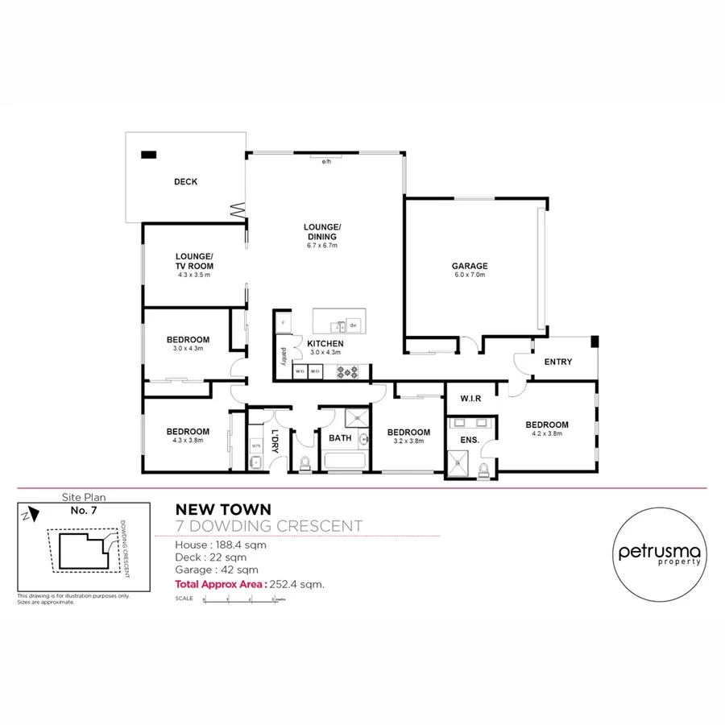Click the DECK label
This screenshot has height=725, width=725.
(185, 182)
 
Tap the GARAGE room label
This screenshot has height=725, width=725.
(470, 266)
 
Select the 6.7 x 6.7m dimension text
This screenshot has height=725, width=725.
(322, 246)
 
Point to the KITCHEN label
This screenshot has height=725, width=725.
(325, 344)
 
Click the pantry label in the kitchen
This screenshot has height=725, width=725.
(284, 356)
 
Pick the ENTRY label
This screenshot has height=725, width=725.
(558, 362)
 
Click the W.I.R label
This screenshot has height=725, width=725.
(470, 399)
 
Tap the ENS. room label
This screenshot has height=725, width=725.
(470, 440)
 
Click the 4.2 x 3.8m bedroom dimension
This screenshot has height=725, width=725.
(547, 434)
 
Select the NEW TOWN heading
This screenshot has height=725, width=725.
(223, 509)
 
